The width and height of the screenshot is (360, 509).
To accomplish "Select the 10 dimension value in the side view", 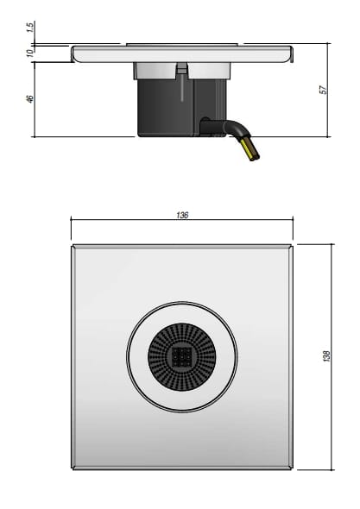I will tap(29, 53).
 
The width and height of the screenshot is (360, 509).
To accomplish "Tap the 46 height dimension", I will tap(29, 99).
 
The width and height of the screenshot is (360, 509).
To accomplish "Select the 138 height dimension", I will tap(325, 356).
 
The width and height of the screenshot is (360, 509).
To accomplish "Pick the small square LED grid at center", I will tap(181, 356).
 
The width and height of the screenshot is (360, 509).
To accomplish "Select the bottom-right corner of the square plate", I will tap(292, 468).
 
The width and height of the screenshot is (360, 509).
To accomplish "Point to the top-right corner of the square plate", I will tap(292, 246).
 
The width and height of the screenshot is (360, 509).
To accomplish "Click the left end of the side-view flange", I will tap(74, 53).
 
